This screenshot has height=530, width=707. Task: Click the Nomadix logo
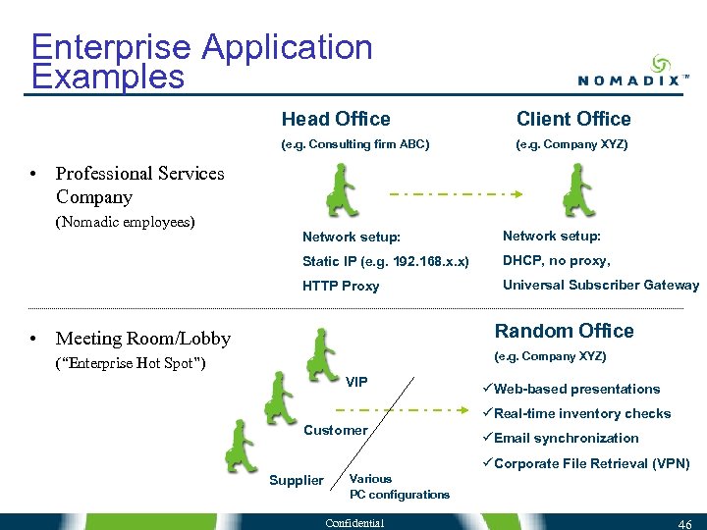point(627,70)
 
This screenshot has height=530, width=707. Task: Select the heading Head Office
point(336,119)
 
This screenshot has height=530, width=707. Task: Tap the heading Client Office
point(573,119)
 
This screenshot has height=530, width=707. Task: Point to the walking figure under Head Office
point(344,192)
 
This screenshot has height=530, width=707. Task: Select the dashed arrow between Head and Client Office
point(461,193)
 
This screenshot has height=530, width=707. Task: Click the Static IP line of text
point(386,262)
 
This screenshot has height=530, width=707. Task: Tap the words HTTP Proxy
point(340,287)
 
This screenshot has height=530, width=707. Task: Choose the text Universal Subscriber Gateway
point(601,286)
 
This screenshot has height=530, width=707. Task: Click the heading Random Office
point(564,331)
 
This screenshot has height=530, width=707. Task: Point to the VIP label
point(356,381)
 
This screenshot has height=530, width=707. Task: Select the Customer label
point(335,430)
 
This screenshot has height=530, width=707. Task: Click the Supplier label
point(296,480)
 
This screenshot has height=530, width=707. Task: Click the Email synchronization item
point(565,439)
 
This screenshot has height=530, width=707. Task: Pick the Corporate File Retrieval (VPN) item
point(590,463)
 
